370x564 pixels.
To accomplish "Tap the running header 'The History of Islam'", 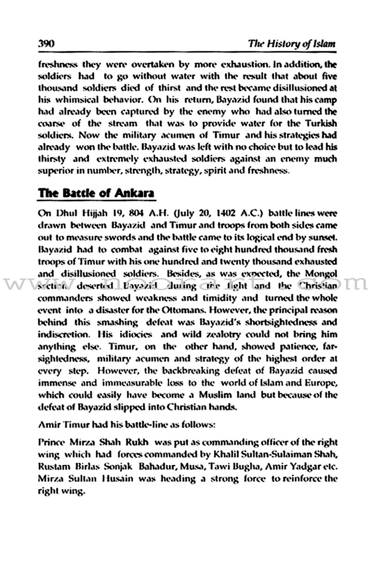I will click(x=291, y=44).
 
